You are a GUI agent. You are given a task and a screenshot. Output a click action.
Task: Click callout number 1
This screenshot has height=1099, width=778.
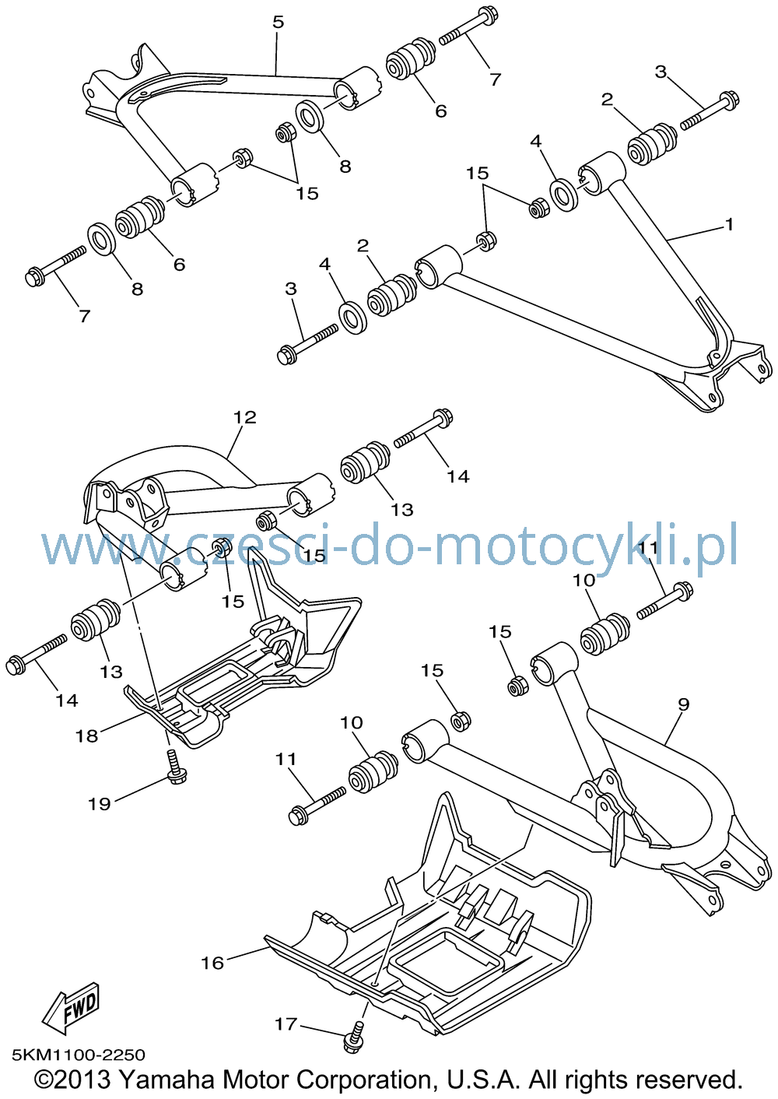click(x=729, y=225)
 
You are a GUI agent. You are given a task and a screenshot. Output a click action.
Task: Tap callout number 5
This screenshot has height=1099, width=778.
click(x=279, y=23)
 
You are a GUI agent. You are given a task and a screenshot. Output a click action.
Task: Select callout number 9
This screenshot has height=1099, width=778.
click(x=684, y=704)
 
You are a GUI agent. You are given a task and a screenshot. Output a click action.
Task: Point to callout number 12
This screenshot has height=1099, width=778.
click(x=245, y=417)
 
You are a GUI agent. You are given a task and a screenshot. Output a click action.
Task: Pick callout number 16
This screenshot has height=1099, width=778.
click(x=212, y=963)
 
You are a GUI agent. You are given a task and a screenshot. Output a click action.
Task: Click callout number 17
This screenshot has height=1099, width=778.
click(x=286, y=1024)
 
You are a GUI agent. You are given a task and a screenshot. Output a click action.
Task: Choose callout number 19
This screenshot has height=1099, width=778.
click(x=100, y=804)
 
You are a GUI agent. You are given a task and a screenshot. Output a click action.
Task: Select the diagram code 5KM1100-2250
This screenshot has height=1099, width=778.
click(x=79, y=1055)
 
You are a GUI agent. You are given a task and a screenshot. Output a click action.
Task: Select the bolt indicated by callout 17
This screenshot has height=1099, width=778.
click(x=354, y=1038)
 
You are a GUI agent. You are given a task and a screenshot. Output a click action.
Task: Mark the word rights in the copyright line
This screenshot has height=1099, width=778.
click(x=599, y=1080)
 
